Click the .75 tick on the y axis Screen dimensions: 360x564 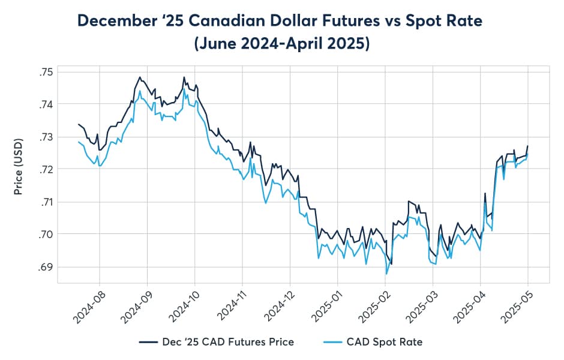45,72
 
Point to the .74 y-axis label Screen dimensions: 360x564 45,104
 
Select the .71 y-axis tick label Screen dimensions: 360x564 45,202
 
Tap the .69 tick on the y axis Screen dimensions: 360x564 45,266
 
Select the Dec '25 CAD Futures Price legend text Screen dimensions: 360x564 228,342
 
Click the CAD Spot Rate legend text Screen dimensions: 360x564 385,342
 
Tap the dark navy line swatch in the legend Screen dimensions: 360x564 147,342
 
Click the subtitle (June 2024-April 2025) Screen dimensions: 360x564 281,44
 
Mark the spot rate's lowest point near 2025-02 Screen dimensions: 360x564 386,274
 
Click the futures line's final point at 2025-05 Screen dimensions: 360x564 528,146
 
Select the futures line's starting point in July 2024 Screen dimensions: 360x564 79,124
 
